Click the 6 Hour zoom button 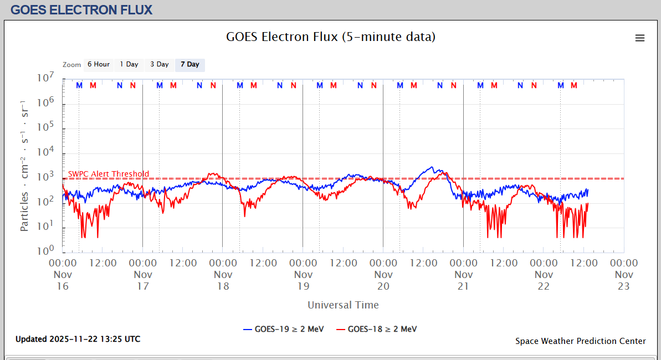98,65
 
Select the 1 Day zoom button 129,65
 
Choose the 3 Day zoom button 160,65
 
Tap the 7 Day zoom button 189,65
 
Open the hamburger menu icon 640,38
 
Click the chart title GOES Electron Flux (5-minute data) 331,37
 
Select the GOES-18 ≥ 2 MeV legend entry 376,330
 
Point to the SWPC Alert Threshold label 109,174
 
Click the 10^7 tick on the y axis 45,79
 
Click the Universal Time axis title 343,305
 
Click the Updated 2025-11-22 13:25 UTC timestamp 78,339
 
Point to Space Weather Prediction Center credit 580,341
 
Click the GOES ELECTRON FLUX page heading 81,10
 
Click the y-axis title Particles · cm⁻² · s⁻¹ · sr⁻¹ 25,166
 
